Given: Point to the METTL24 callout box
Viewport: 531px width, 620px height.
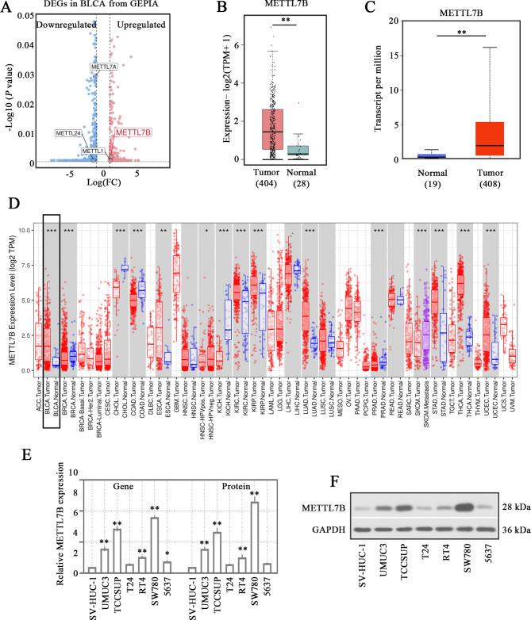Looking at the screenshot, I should (x=68, y=132).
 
